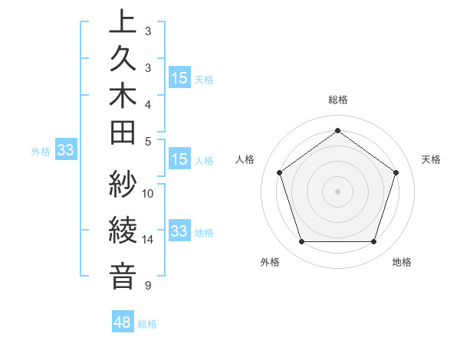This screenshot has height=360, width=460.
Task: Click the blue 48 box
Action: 123,322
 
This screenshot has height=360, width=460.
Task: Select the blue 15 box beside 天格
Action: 179,78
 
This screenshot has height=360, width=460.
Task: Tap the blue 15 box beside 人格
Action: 179,160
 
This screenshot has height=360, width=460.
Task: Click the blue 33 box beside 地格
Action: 179,231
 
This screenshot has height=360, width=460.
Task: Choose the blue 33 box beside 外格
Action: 66,151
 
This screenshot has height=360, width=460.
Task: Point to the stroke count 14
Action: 148,240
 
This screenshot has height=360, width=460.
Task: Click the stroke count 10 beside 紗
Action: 148,193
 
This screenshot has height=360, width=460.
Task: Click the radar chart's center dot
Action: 337,191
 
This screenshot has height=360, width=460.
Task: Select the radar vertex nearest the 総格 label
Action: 337,130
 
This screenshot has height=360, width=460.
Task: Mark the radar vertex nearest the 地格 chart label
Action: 373,242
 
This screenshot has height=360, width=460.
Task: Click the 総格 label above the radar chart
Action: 337,100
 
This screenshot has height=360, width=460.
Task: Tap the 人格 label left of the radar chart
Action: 245,159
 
